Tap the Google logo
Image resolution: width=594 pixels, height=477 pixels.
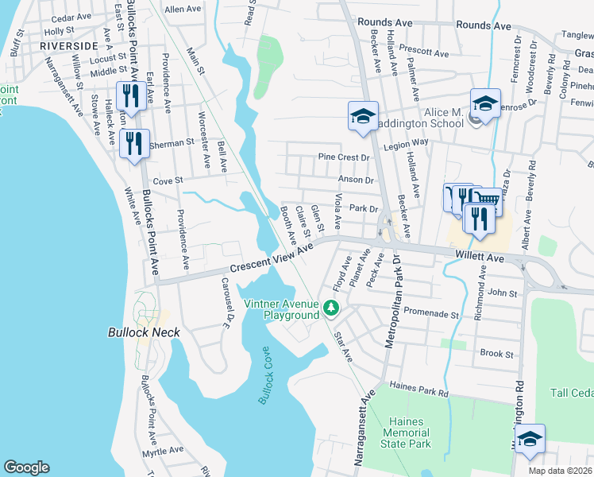(26, 467)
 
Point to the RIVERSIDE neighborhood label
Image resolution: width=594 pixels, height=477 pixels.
(68, 46)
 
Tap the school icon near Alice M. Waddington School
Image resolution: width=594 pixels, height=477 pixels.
(485, 104)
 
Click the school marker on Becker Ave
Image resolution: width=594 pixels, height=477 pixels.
(363, 115)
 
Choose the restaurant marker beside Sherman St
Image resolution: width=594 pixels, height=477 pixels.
(134, 144)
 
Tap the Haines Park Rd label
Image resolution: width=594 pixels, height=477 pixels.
(420, 392)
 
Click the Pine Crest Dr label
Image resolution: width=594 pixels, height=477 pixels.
(344, 157)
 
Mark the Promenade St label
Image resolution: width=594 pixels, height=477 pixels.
(432, 314)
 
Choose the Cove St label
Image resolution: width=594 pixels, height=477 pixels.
(168, 180)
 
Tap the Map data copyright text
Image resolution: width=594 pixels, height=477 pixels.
(562, 468)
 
